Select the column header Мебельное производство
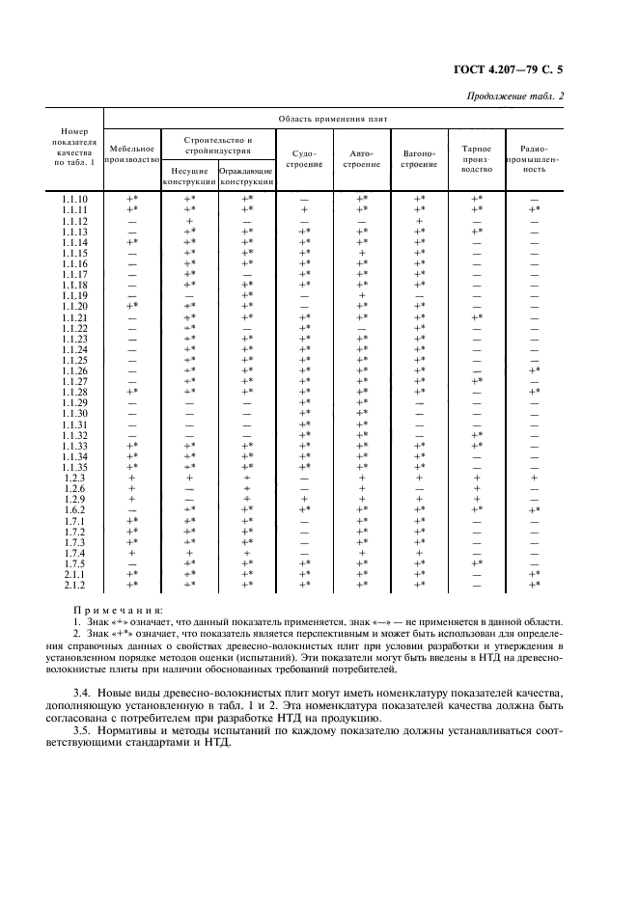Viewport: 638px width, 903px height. pyautogui.click(x=132, y=154)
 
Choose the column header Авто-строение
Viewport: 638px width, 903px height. pyautogui.click(x=361, y=159)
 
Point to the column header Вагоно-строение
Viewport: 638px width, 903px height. pyautogui.click(x=418, y=159)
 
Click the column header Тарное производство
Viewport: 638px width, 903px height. pyautogui.click(x=476, y=158)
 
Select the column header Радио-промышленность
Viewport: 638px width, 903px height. pyautogui.click(x=534, y=158)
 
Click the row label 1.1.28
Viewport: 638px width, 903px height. pyautogui.click(x=74, y=392)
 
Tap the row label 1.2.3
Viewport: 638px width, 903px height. pyautogui.click(x=74, y=478)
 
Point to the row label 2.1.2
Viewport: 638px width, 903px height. pyautogui.click(x=74, y=585)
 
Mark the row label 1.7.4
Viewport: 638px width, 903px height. pyautogui.click(x=74, y=553)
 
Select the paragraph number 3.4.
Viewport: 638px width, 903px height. pyautogui.click(x=84, y=693)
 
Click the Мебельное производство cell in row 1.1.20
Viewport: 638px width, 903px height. pyautogui.click(x=132, y=306)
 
